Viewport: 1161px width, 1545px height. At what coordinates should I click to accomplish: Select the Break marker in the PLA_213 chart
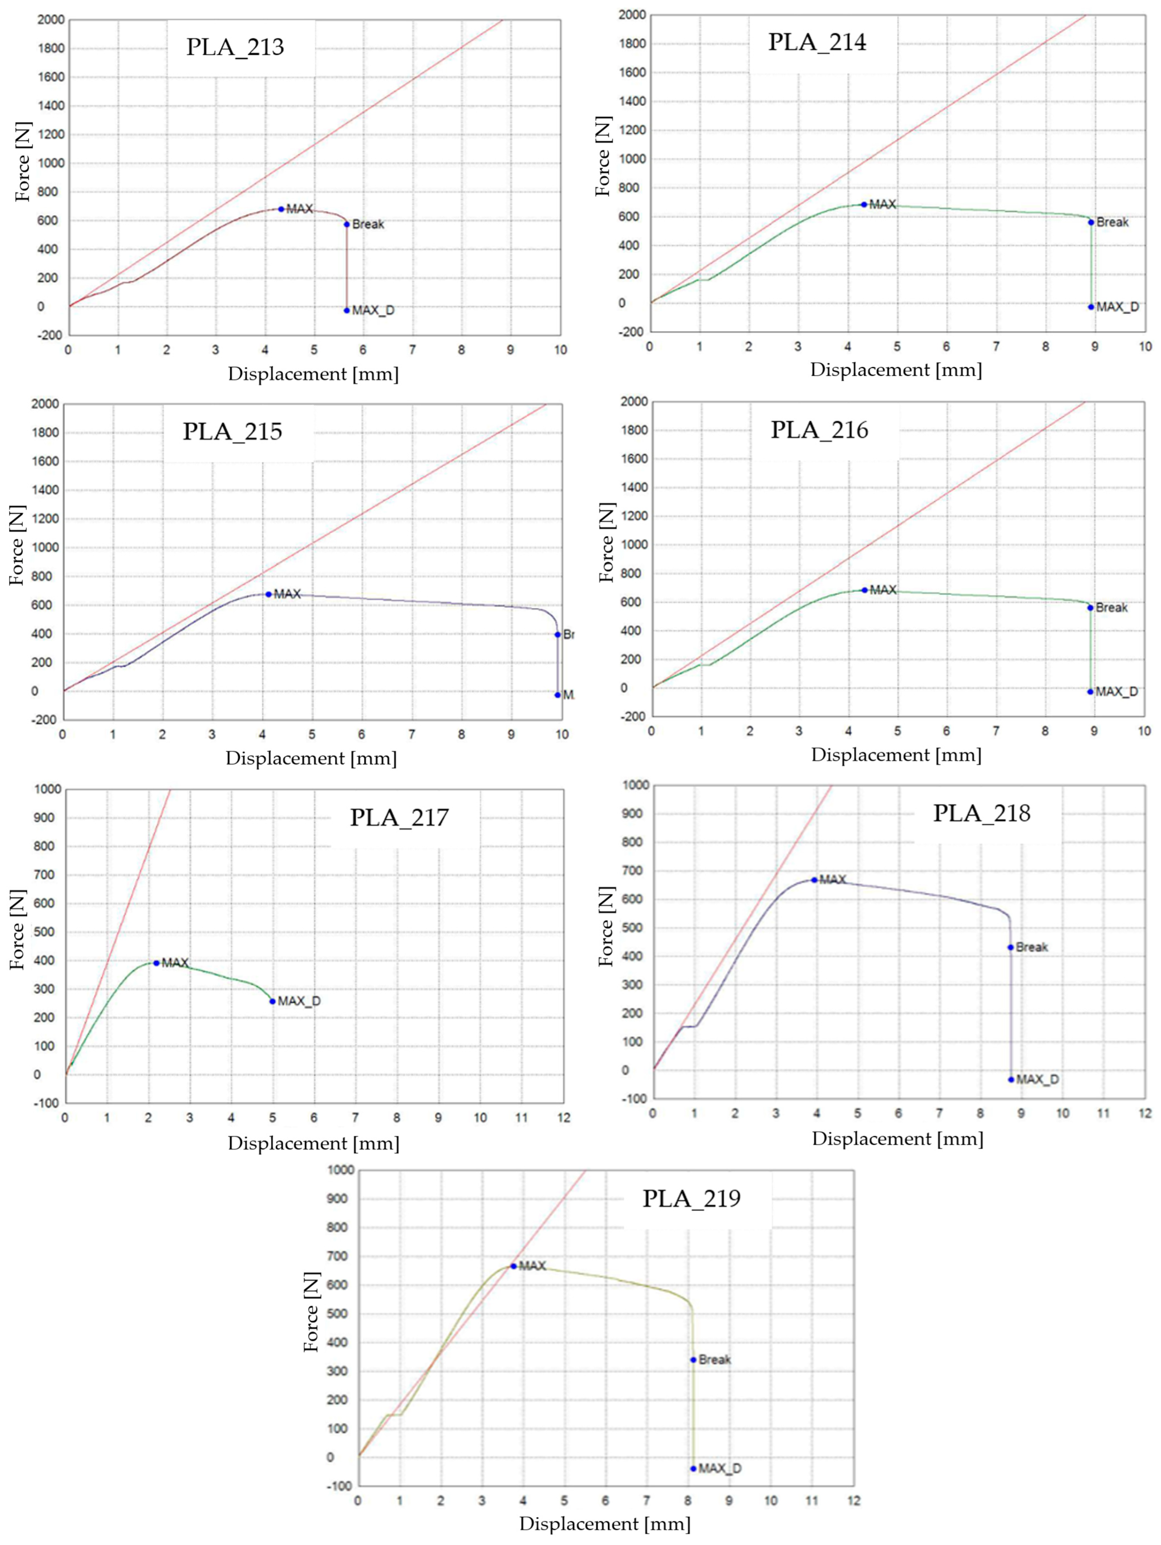346,224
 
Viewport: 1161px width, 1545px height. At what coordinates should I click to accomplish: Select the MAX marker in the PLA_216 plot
864,590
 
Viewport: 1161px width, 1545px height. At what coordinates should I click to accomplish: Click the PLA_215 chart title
233,432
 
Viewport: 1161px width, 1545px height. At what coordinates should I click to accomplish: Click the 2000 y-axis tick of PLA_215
45,404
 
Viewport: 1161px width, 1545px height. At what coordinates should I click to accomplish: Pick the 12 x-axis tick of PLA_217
563,1117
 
